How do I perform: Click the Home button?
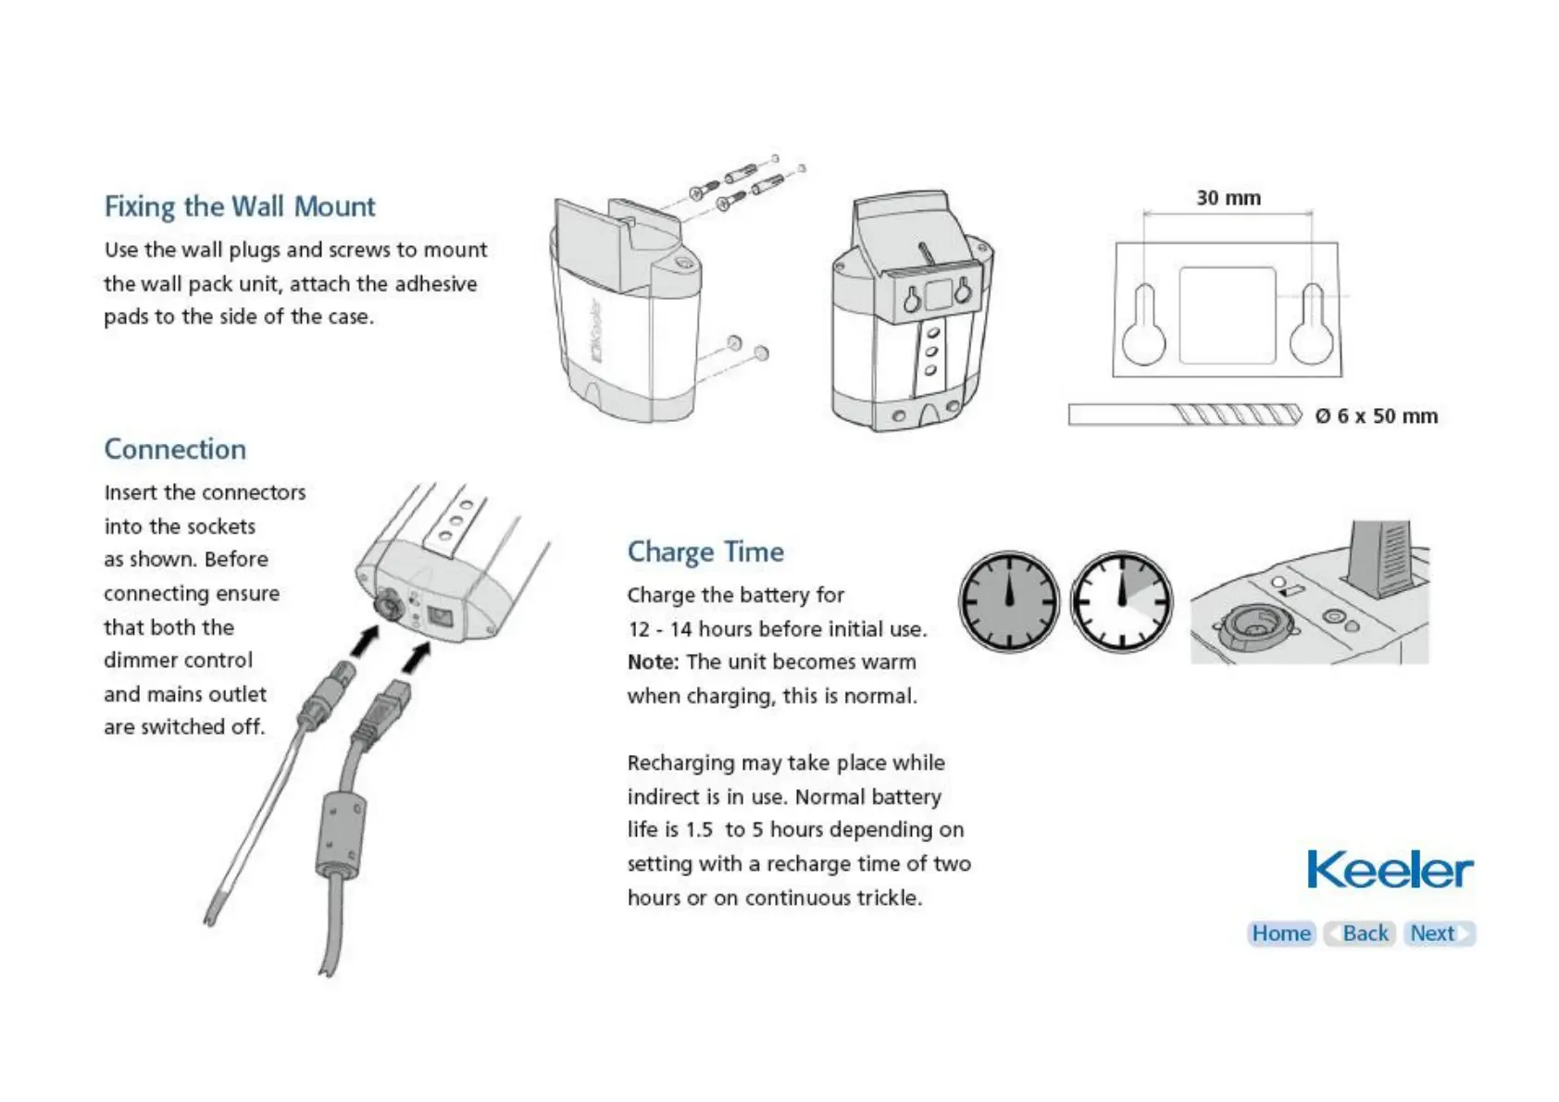click(1281, 934)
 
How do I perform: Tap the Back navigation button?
click(1360, 934)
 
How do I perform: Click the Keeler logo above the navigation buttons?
click(1389, 870)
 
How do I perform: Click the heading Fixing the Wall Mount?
click(240, 206)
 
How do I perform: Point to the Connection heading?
click(175, 450)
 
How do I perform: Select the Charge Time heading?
click(705, 552)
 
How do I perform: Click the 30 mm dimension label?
click(1228, 198)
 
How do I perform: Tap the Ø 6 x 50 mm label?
click(1377, 416)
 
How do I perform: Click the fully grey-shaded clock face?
click(1009, 601)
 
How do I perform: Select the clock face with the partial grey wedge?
click(1121, 601)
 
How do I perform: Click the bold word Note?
click(653, 662)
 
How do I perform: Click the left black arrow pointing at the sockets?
click(367, 640)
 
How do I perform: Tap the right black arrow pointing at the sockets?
click(418, 658)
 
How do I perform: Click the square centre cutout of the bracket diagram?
click(1228, 316)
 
